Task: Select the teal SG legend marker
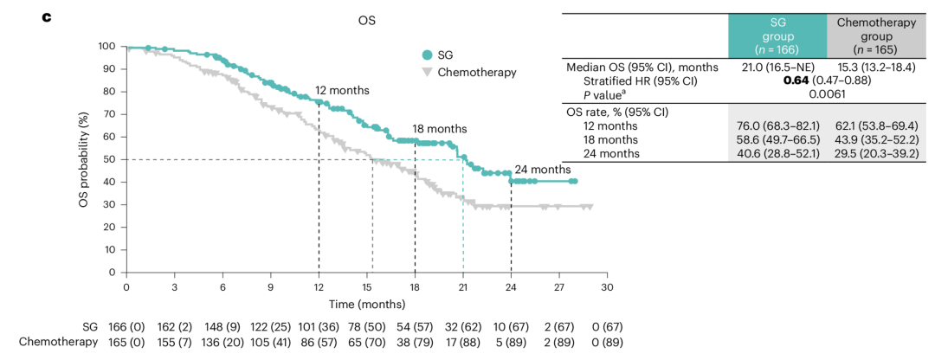coord(427,54)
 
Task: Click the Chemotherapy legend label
coord(477,72)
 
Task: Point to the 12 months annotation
coord(342,90)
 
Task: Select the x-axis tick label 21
coord(463,287)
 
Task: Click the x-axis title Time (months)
coord(366,304)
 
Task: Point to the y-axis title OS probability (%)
coord(85,158)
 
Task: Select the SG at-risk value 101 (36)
coord(319,326)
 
